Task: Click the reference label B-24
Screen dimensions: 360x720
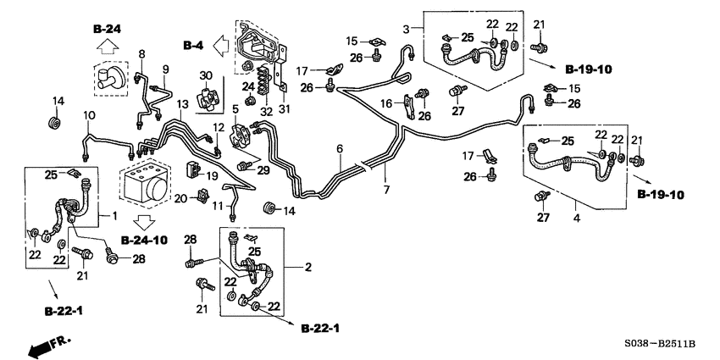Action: [x=108, y=29]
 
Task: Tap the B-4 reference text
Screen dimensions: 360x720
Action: [x=195, y=43]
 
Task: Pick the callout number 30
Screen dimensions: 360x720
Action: [x=204, y=76]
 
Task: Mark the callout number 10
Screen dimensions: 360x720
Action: [x=88, y=114]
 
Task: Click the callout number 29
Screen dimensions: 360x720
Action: [x=263, y=170]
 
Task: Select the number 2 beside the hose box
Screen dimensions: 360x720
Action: [x=308, y=268]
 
